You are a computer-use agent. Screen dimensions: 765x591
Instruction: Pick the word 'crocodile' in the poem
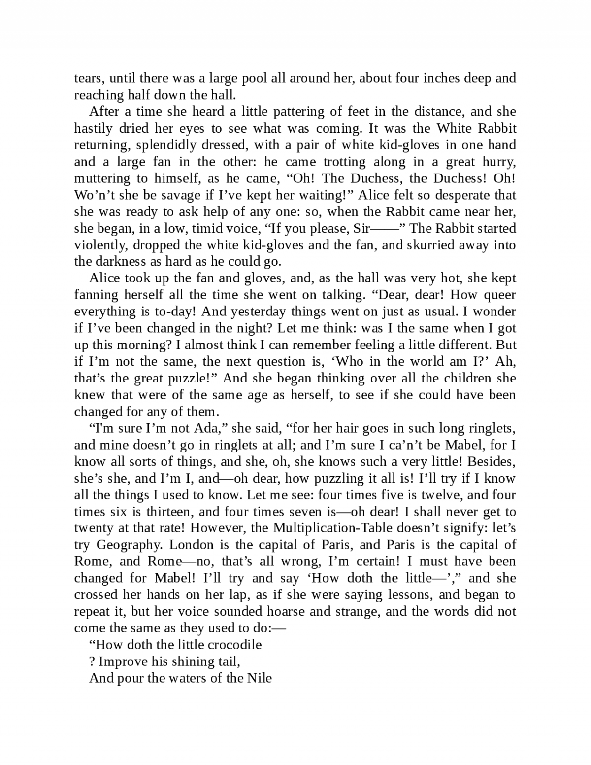tap(234, 645)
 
